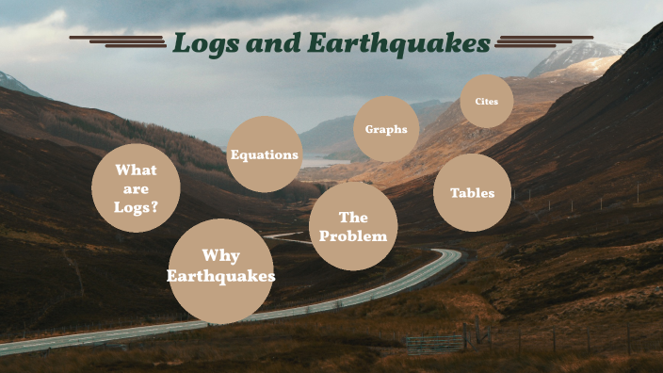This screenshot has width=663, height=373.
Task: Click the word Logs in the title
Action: pos(204,43)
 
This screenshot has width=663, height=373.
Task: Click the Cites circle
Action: pos(487,101)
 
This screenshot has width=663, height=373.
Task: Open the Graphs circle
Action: pos(386,129)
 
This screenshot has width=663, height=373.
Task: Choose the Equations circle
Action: pos(265,154)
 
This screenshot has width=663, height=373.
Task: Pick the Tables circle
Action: pos(472,192)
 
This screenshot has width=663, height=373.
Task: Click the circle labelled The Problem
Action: pos(353,226)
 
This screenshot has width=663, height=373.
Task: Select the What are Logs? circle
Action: pos(136,188)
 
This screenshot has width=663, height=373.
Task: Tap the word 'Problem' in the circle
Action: pos(353,235)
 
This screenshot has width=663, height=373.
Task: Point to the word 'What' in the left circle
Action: pos(136,170)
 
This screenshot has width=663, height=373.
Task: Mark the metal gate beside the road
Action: pos(434,342)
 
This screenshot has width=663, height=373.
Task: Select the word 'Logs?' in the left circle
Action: pos(136,207)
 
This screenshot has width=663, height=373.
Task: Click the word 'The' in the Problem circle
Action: pos(353,218)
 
